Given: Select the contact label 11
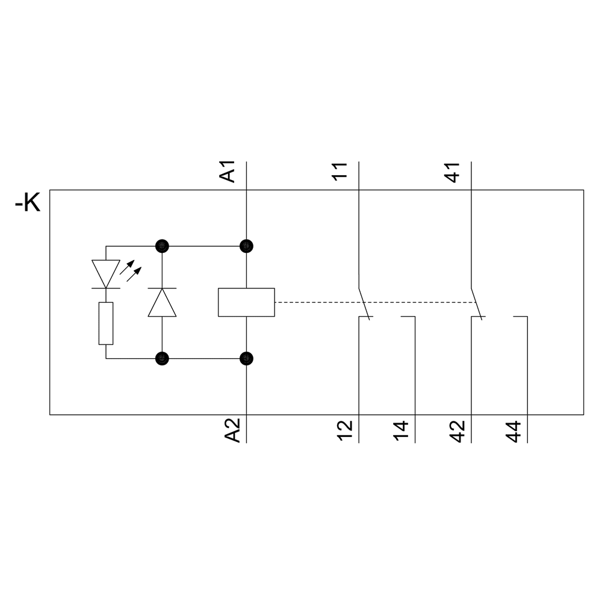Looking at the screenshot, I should (340, 172).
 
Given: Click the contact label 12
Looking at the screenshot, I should (344, 432).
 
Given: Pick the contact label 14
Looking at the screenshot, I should (401, 432).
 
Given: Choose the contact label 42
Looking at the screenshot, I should (457, 432).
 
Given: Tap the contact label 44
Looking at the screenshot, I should (514, 432).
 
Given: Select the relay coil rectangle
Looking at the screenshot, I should (246, 302).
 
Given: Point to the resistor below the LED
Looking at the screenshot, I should (106, 324).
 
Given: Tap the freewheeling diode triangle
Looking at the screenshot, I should (162, 302).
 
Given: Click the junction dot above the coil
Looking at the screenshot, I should (246, 246).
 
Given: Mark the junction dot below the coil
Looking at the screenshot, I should (246, 359).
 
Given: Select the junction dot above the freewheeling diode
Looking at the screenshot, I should (162, 246).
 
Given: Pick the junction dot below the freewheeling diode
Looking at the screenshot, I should (162, 359).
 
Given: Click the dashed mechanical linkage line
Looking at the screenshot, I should (373, 302).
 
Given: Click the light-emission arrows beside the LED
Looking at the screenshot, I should (131, 274).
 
